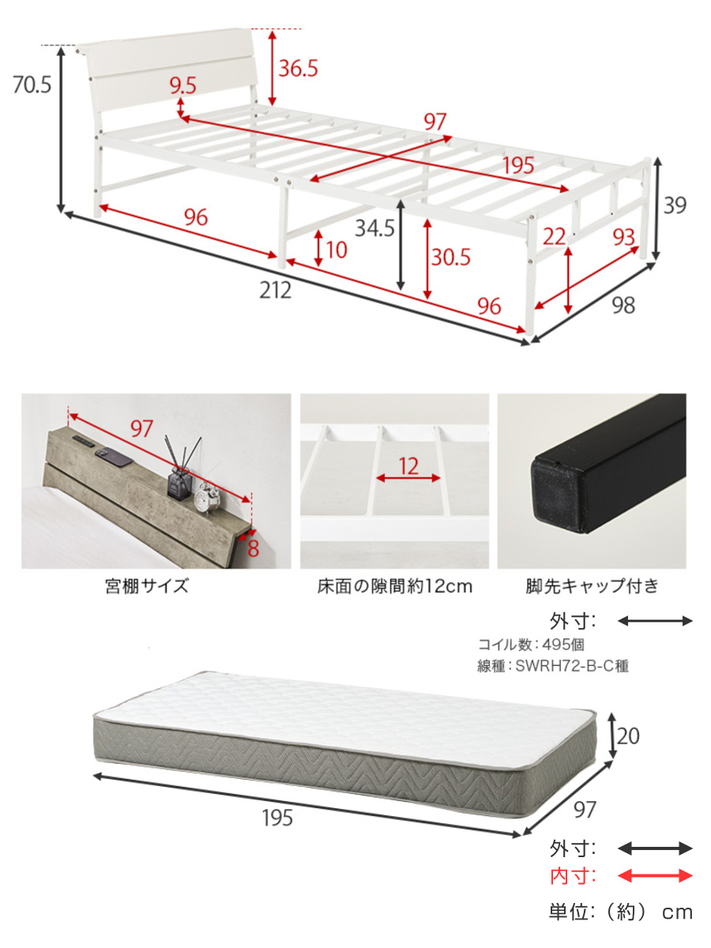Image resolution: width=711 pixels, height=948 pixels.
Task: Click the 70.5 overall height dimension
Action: click(x=32, y=85)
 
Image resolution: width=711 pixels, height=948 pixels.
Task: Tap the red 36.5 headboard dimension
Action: click(x=298, y=68)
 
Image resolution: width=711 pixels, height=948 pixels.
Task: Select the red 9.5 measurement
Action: click(x=182, y=85)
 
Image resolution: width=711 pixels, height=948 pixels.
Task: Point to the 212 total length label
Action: click(x=275, y=290)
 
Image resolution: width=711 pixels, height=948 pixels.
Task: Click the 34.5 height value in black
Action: click(x=374, y=228)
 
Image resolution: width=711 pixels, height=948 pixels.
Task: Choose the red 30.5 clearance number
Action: click(x=450, y=258)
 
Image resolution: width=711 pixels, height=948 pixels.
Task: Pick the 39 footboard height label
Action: click(x=675, y=205)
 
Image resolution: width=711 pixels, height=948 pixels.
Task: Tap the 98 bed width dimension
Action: click(x=623, y=306)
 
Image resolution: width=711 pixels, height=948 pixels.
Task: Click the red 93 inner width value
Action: click(x=623, y=237)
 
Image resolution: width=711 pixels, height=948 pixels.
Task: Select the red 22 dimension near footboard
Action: click(x=554, y=237)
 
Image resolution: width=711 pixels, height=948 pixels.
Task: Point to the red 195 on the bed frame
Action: click(x=518, y=165)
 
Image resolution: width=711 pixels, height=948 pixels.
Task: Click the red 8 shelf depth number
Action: click(x=253, y=548)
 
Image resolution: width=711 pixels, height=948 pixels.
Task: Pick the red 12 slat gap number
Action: click(x=408, y=466)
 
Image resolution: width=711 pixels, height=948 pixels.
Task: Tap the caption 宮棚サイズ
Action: click(x=147, y=586)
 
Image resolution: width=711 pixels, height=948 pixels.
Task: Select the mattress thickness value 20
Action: click(x=628, y=736)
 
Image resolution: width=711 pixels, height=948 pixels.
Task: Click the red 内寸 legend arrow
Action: click(x=655, y=876)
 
